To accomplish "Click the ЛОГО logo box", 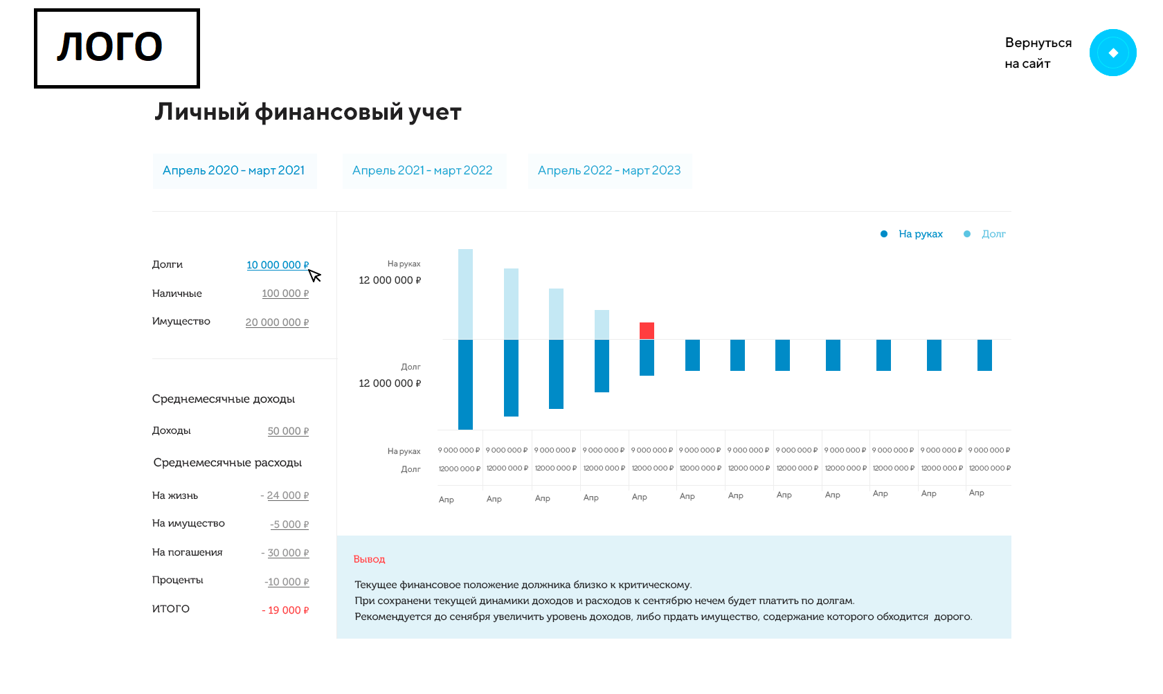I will tap(117, 48).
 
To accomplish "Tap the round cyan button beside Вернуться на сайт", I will tap(1112, 53).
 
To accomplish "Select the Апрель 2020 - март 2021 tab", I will tap(234, 171).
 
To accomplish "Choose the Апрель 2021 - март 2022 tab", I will tap(422, 171).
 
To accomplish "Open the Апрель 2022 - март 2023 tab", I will tap(609, 171).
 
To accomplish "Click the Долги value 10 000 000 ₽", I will tap(277, 265).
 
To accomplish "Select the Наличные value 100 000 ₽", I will tap(285, 293).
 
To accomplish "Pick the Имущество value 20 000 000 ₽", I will tap(277, 322).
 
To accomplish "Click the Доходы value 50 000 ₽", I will tap(288, 431).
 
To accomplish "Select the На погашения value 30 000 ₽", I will tap(287, 553).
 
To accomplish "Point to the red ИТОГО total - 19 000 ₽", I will tap(285, 610).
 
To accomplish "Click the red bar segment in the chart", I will tap(647, 331).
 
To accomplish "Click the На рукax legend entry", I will tap(920, 234).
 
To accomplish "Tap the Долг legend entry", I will tap(993, 234).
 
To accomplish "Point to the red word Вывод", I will tap(369, 559).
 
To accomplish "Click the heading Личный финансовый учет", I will tap(307, 112).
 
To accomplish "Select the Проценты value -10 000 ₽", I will tap(287, 582).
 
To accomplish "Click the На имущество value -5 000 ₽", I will tap(289, 524).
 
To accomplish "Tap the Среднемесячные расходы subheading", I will tap(227, 463).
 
